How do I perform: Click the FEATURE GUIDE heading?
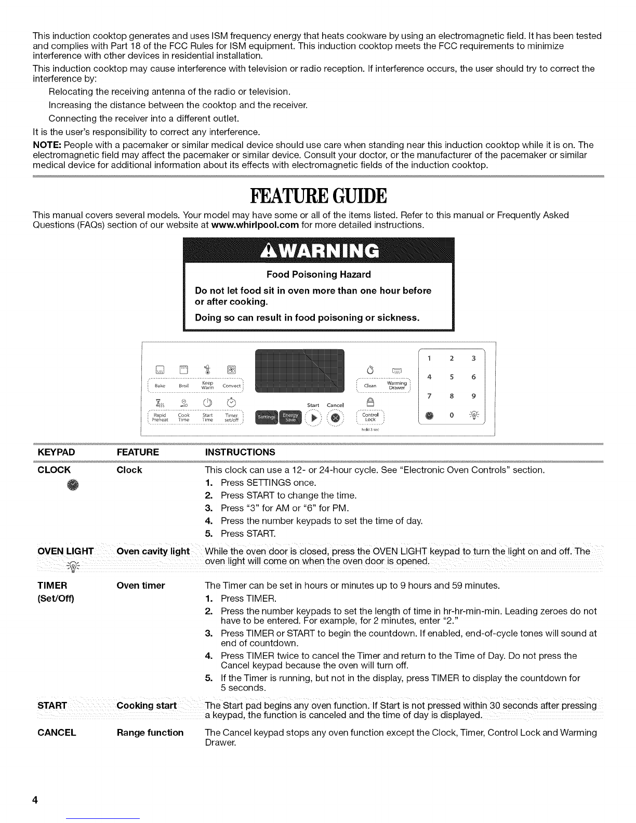318,196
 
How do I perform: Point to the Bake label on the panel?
160,387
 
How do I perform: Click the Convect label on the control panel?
231,386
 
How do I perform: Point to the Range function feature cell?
150,733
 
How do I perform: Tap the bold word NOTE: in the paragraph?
47,145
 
